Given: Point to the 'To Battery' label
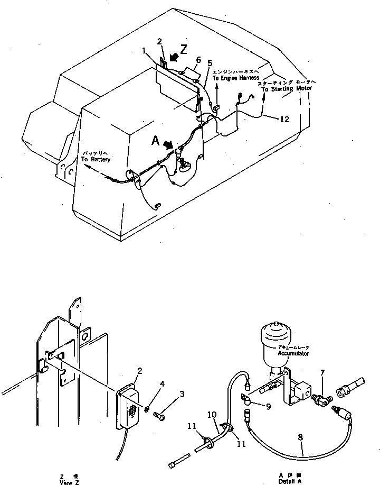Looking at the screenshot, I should (x=97, y=159).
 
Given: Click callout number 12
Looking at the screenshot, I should (x=284, y=120).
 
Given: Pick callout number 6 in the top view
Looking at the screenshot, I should (x=198, y=60).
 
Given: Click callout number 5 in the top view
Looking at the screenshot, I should (x=210, y=63).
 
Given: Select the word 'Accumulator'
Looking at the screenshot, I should (x=294, y=353).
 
